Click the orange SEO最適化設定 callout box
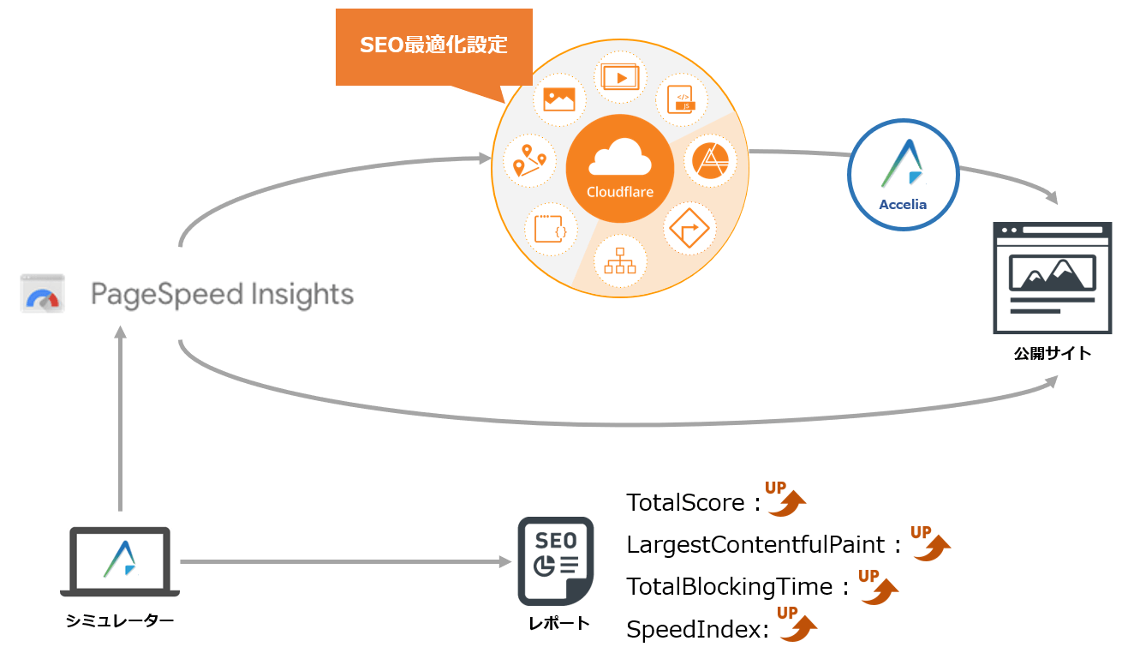coord(433,46)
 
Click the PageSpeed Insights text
coord(223,295)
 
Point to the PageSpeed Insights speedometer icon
coord(43,294)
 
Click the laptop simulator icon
coord(120,560)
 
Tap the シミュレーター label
coord(120,620)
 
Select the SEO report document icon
coord(555,560)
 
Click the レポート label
coord(558,623)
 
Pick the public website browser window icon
coord(1052,278)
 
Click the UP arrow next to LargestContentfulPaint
coord(931,543)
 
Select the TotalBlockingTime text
coord(730,587)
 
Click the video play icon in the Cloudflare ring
coord(620,77)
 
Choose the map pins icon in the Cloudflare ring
coord(529,160)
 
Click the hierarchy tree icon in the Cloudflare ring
coord(619,260)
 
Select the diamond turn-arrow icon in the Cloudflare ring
coord(688,228)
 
